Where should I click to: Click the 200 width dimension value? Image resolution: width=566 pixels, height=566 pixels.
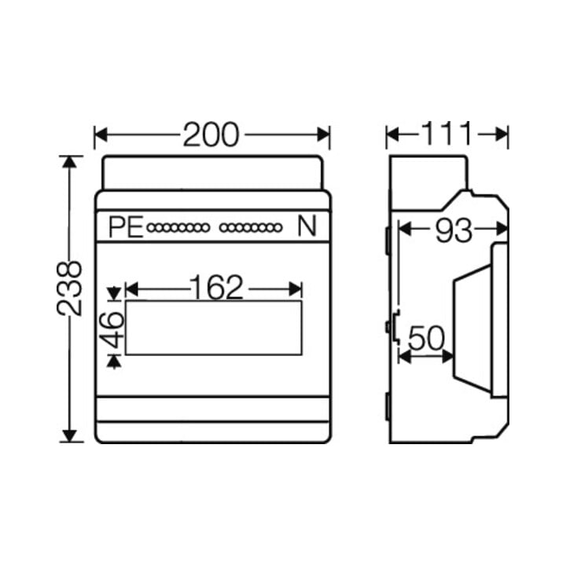[x=211, y=134]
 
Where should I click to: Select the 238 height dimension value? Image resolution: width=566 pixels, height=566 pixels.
[x=69, y=289]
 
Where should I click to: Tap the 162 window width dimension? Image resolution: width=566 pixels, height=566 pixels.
[x=216, y=287]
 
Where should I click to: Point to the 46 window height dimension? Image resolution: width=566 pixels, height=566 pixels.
[x=111, y=330]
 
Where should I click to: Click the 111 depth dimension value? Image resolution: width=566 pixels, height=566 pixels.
[x=447, y=134]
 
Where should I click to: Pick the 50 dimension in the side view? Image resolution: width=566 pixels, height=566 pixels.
[x=426, y=338]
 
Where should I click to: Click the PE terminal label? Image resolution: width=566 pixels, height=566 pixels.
[x=126, y=227]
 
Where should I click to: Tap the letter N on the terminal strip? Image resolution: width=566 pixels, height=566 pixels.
[x=307, y=226]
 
